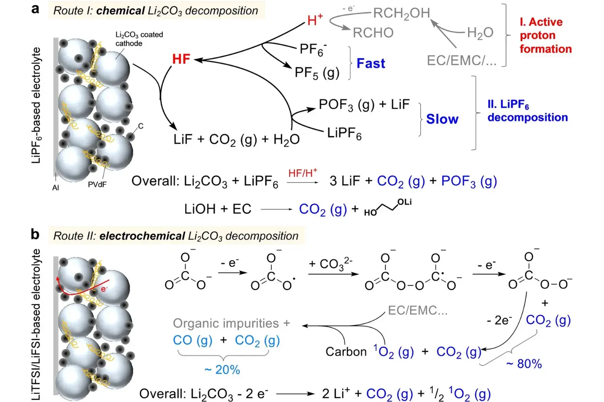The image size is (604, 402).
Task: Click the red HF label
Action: click(181, 59)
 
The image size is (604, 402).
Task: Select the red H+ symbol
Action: click(314, 20)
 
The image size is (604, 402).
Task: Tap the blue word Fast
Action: click(370, 64)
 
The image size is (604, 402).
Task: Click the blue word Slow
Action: click(442, 119)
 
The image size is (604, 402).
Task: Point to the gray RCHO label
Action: click(373, 33)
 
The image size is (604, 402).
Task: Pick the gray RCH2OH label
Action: click(401, 13)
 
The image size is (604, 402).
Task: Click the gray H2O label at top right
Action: click(480, 33)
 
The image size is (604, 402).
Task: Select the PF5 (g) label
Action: click(317, 73)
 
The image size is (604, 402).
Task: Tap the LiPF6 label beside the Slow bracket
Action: click(344, 133)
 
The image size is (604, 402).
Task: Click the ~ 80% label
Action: click(524, 364)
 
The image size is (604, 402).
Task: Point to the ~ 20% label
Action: click(222, 369)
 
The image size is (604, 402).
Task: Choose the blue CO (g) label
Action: click(192, 340)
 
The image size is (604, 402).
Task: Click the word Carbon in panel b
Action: click(346, 352)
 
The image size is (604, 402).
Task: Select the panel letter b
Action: click(35, 234)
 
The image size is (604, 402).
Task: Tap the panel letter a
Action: click(35, 9)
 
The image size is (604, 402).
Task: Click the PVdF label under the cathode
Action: click(97, 185)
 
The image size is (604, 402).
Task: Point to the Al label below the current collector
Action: click(56, 188)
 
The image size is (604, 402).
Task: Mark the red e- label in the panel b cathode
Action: click(104, 289)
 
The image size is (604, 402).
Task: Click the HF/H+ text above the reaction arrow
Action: click(302, 173)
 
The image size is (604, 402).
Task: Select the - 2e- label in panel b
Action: click(499, 320)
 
